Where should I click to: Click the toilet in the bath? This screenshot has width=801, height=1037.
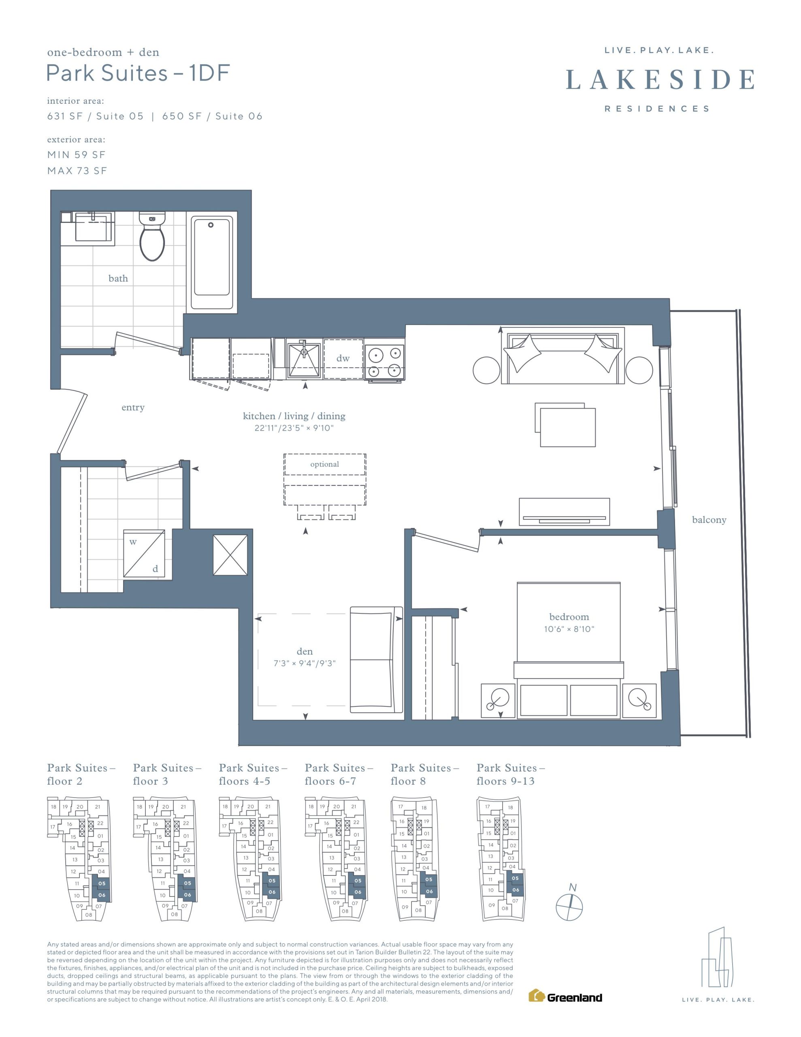pyautogui.click(x=152, y=236)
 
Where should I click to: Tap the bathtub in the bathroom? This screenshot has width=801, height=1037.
pyautogui.click(x=212, y=262)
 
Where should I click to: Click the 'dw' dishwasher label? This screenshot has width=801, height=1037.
pyautogui.click(x=343, y=358)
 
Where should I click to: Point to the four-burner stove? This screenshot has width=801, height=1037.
pyautogui.click(x=385, y=362)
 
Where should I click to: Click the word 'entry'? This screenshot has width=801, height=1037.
pyautogui.click(x=133, y=408)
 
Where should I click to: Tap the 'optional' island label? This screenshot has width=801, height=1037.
pyautogui.click(x=325, y=464)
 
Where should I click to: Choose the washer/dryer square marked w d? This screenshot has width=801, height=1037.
pyautogui.click(x=144, y=554)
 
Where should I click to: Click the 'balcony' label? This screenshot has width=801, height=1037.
pyautogui.click(x=709, y=520)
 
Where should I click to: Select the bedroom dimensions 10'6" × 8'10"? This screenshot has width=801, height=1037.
pyautogui.click(x=569, y=629)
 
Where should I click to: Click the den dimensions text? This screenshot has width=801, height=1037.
pyautogui.click(x=305, y=664)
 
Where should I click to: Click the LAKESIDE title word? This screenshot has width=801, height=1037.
pyautogui.click(x=660, y=79)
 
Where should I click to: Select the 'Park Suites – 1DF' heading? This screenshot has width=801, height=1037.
pyautogui.click(x=138, y=73)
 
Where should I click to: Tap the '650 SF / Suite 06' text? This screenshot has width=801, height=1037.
pyautogui.click(x=212, y=116)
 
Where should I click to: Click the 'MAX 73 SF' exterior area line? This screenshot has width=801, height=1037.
pyautogui.click(x=77, y=171)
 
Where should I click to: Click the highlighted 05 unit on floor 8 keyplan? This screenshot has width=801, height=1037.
pyautogui.click(x=429, y=880)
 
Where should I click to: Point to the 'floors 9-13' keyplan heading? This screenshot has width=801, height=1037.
pyautogui.click(x=506, y=781)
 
